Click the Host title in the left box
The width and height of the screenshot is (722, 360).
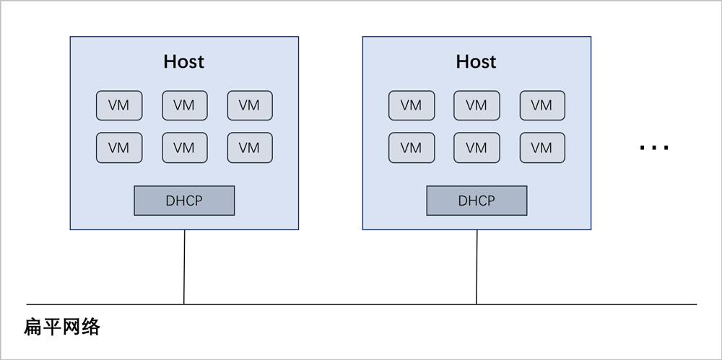pos(184,62)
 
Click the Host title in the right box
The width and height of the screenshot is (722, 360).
pos(476,62)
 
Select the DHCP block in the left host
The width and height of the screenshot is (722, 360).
pos(184,201)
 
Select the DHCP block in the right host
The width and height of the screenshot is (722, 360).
pos(477,201)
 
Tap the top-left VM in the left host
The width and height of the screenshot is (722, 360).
pos(119,105)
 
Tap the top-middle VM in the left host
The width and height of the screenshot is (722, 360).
pos(184,105)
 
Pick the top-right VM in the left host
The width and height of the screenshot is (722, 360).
pos(249,105)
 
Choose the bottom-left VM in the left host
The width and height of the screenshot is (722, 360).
pos(119,148)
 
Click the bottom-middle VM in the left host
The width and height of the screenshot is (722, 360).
pos(184,148)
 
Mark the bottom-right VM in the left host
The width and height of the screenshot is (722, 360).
pos(249,148)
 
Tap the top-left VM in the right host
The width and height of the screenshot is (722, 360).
pos(411,105)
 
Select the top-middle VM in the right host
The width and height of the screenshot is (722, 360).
pos(477,105)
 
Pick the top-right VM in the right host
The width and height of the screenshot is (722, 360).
pos(541,105)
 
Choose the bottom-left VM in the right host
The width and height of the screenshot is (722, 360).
pos(411,148)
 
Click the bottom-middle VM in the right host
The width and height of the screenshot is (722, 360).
pos(477,148)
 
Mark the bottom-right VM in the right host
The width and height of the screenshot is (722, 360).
pos(541,148)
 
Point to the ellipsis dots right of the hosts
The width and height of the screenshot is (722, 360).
pos(654,148)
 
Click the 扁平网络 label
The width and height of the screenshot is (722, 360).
pos(62,328)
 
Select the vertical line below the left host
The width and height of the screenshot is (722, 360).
pos(184,267)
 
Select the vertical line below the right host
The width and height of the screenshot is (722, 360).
pos(477,267)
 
